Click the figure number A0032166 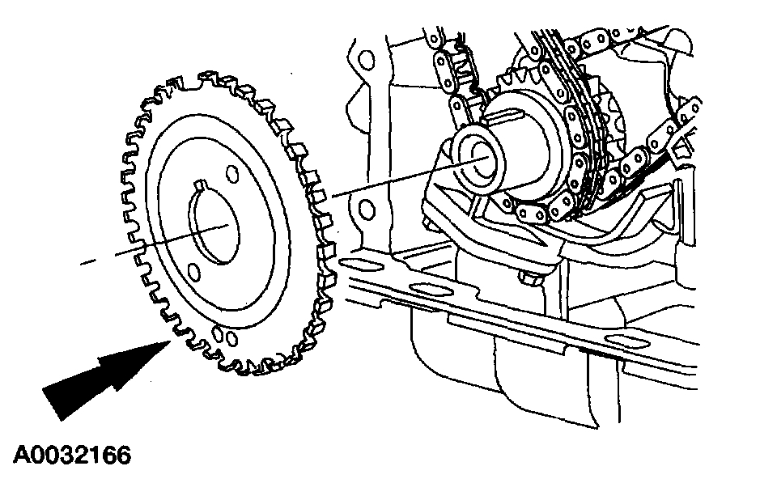point(72,456)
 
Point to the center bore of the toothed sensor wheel point(214,222)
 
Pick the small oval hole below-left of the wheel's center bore point(194,272)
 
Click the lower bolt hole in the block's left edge point(366,209)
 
